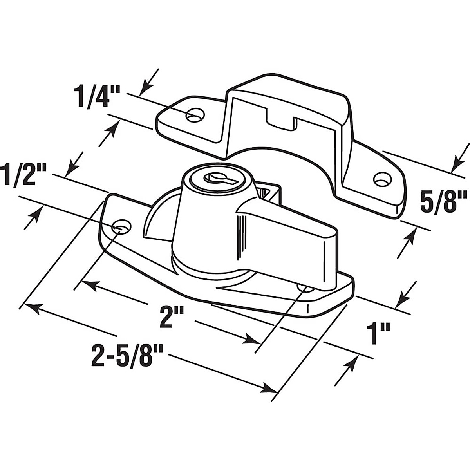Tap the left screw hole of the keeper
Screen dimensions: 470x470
click(195, 115)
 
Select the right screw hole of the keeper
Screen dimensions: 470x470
click(382, 179)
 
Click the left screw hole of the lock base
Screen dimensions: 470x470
click(121, 226)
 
